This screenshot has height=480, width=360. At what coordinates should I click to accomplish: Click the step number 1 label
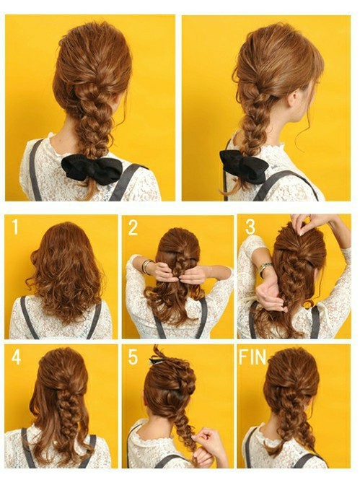click(x=15, y=227)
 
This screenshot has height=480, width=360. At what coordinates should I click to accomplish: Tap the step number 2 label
click(x=133, y=227)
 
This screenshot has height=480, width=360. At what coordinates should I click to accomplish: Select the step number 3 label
click(x=250, y=227)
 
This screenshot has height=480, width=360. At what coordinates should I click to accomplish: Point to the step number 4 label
click(x=16, y=357)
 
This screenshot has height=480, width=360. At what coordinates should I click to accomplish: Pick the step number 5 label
click(x=133, y=357)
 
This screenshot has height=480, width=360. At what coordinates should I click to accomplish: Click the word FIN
click(x=253, y=357)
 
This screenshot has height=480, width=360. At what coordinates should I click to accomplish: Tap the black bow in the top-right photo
click(x=243, y=167)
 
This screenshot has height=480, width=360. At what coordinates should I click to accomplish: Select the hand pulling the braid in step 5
click(x=203, y=444)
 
